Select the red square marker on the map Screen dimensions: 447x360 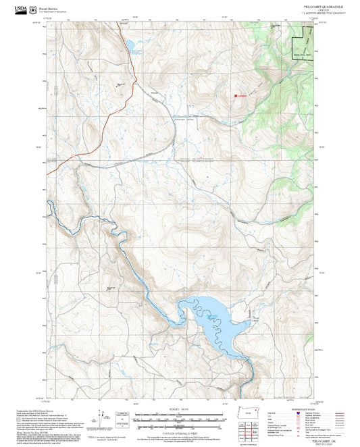pos(236,97)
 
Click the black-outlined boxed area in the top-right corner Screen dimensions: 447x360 pos(303,43)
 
